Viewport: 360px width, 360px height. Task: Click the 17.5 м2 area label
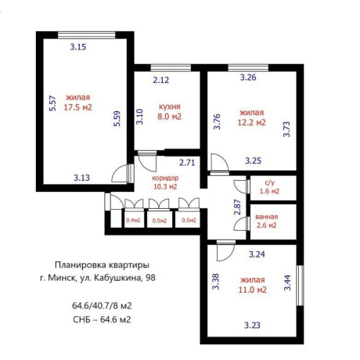pyautogui.click(x=78, y=107)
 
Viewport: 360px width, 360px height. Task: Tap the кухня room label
pyautogui.click(x=170, y=106)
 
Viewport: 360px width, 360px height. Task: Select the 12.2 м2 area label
pyautogui.click(x=251, y=122)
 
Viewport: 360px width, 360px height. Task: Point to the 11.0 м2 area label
pyautogui.click(x=253, y=290)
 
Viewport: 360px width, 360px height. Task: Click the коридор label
pyautogui.click(x=165, y=178)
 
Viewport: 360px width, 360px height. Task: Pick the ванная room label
pyautogui.click(x=267, y=217)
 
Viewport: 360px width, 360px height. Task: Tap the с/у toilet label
pyautogui.click(x=269, y=183)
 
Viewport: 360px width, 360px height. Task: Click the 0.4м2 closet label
pyautogui.click(x=133, y=220)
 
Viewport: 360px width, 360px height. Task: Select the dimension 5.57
pyautogui.click(x=52, y=103)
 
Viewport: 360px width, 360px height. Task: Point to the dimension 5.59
pyautogui.click(x=117, y=119)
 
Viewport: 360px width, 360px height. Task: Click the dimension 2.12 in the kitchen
pyautogui.click(x=161, y=80)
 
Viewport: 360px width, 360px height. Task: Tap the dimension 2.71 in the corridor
pyautogui.click(x=187, y=163)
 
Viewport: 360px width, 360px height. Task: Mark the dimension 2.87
pyautogui.click(x=237, y=207)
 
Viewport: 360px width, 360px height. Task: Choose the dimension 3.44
pyautogui.click(x=287, y=283)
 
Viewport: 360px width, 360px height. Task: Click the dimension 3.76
pyautogui.click(x=217, y=121)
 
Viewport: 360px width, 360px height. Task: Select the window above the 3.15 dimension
pyautogui.click(x=86, y=35)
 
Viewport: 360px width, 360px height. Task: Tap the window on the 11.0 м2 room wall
pyautogui.click(x=301, y=286)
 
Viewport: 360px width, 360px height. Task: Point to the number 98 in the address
pyautogui.click(x=150, y=277)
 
